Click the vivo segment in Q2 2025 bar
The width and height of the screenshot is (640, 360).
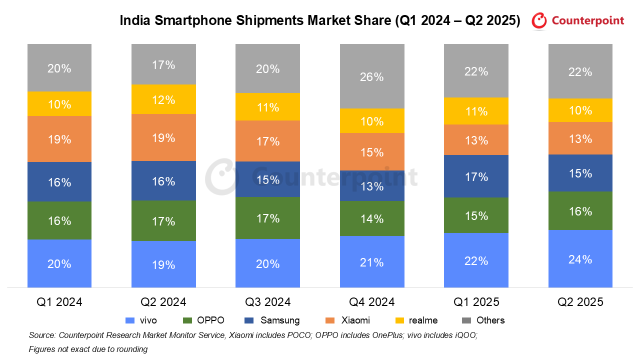tap(580, 258)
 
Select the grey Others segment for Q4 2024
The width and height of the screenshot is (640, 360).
tap(372, 76)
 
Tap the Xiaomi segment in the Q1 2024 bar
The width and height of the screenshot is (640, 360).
tap(59, 139)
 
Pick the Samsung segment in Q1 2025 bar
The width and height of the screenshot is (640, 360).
tap(476, 176)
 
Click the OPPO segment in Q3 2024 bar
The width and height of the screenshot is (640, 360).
tap(267, 217)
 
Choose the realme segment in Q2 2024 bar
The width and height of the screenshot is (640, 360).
tap(163, 99)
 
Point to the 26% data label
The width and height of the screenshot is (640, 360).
tap(372, 77)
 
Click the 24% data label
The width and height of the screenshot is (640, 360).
tap(580, 259)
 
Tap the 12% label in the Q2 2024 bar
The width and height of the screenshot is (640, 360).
tap(163, 100)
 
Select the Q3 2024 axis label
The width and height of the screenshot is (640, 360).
tap(267, 302)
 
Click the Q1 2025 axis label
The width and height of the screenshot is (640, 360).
tap(476, 302)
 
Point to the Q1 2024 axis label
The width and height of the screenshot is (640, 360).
tap(59, 302)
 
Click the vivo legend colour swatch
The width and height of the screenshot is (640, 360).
tap(129, 320)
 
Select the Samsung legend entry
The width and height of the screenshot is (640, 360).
tap(280, 320)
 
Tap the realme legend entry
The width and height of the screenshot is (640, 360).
tap(423, 320)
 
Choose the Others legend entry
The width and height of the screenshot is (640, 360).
tap(490, 320)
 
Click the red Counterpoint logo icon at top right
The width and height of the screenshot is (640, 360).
tap(539, 20)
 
